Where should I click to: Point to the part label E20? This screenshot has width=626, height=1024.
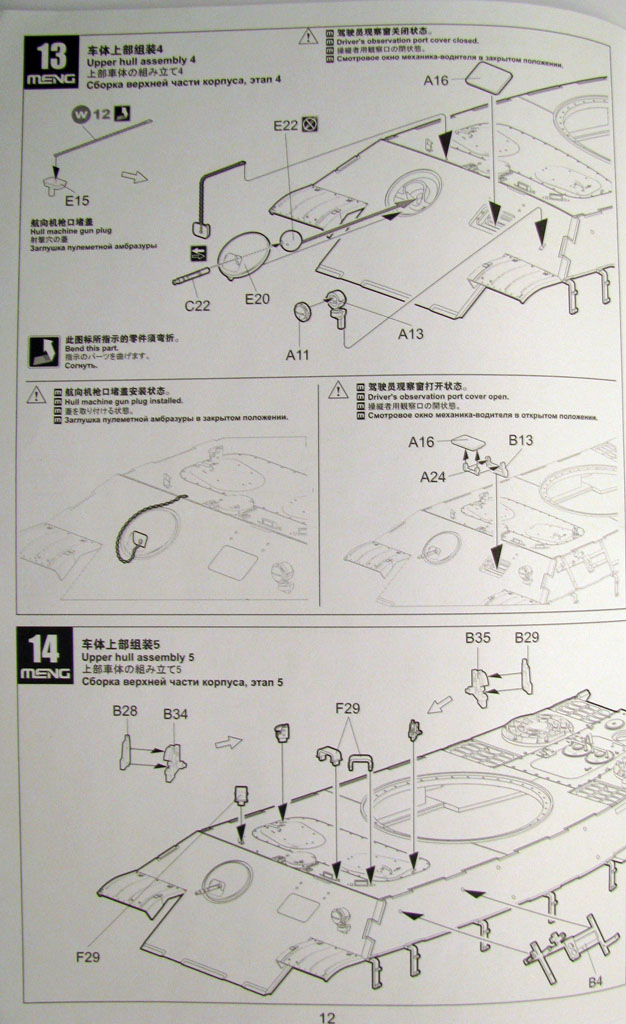[x=257, y=297]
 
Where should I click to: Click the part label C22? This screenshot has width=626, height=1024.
[x=197, y=305]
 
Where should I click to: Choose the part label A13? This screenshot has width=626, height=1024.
[x=411, y=334]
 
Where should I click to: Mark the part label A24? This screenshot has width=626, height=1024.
[x=433, y=477]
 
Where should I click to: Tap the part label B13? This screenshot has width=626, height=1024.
[x=521, y=439]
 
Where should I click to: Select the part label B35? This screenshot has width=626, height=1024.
[x=477, y=637]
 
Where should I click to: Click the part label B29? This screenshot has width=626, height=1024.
[x=527, y=637]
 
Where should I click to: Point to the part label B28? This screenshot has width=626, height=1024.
[x=125, y=711]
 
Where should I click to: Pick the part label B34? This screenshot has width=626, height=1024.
[x=175, y=713]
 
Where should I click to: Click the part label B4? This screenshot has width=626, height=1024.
[x=595, y=981]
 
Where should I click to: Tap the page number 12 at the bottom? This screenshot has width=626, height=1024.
[x=327, y=1017]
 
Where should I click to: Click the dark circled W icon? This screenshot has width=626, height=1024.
[x=80, y=113]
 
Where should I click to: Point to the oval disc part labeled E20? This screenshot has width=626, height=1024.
[x=243, y=255]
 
